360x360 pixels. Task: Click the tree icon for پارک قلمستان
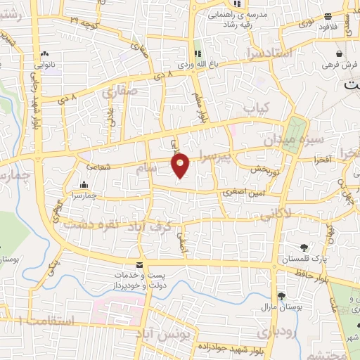(x=304, y=247)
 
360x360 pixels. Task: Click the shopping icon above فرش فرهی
(x=339, y=53)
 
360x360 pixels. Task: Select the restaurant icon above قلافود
(x=326, y=18)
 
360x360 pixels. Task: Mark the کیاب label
(x=255, y=108)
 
